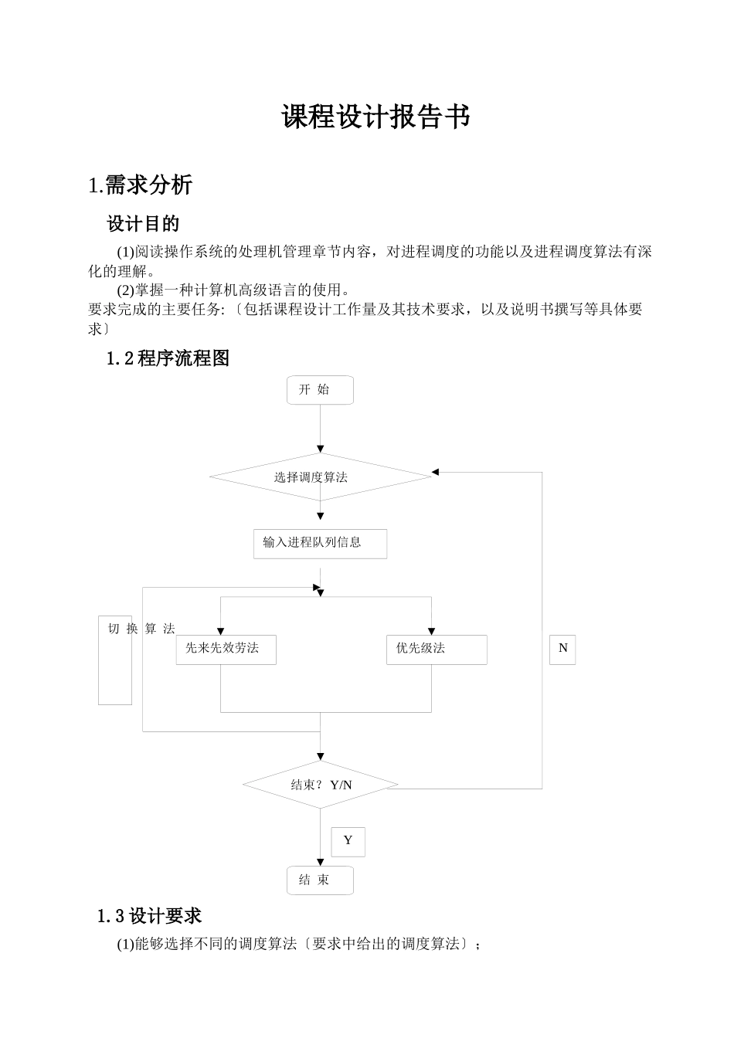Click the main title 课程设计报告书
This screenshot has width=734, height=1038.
375,117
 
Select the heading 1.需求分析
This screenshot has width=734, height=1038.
140,185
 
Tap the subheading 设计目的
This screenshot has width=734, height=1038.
143,223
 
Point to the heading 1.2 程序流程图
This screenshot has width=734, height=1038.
168,358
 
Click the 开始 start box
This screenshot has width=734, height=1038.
320,390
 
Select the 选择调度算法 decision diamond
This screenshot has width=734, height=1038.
320,477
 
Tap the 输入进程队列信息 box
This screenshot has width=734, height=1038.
320,544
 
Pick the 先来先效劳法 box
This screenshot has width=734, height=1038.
226,650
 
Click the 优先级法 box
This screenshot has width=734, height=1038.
437,650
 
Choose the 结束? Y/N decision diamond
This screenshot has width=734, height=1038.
320,785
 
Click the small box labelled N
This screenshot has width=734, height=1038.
562,650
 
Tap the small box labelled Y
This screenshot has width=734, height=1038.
348,842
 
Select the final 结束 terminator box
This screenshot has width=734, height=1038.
320,880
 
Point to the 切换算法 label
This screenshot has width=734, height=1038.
141,629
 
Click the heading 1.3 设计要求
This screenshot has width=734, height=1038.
149,916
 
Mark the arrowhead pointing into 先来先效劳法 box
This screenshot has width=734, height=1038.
221,631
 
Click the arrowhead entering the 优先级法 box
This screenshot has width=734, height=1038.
432,631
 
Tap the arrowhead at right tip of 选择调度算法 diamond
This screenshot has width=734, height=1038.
435,472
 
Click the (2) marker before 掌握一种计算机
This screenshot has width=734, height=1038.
125,290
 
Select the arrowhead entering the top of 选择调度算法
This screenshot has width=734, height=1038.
320,449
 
